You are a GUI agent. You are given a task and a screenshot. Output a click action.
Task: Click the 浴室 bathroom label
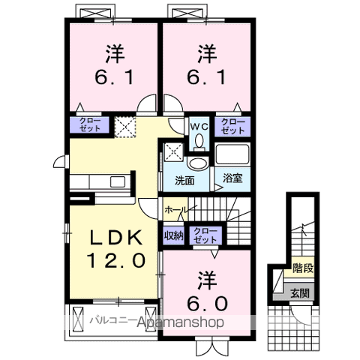click(x=232, y=179)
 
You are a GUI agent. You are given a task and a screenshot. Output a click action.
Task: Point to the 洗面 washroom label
click(x=184, y=180)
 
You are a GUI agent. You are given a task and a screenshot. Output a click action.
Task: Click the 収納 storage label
click(x=173, y=235)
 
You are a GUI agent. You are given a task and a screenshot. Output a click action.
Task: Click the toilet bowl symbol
click(x=199, y=163)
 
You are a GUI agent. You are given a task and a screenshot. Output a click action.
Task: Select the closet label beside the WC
click(x=232, y=126)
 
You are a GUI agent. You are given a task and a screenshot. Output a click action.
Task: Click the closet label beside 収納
click(x=202, y=235)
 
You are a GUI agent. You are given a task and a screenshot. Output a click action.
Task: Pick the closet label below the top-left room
click(x=85, y=126)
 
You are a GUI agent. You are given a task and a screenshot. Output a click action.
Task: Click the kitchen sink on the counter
click(x=118, y=181)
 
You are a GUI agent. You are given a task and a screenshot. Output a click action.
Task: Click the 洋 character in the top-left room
click(x=113, y=54)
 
